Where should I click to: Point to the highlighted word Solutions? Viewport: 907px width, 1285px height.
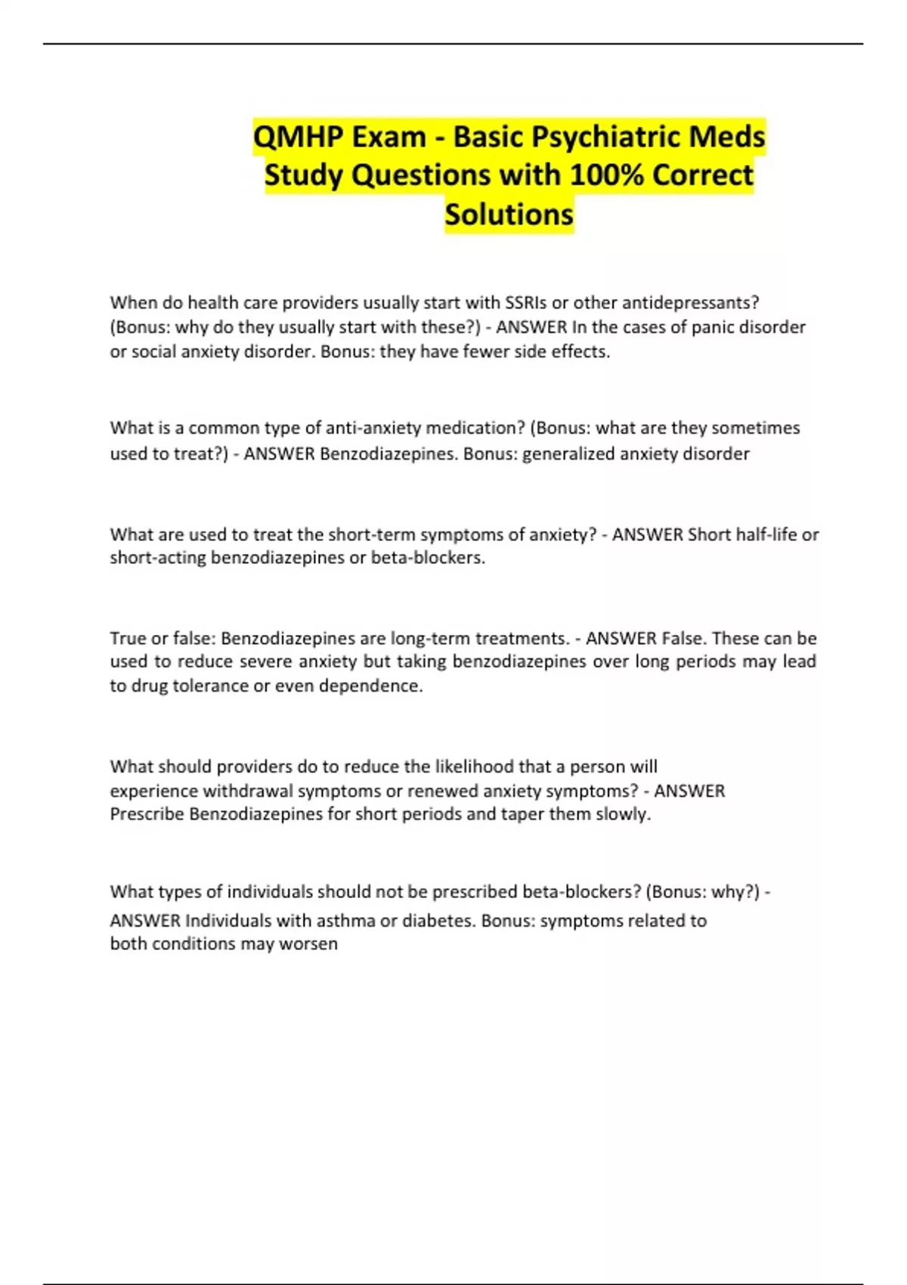[x=509, y=215]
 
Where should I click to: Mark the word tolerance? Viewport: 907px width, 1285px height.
[x=210, y=686]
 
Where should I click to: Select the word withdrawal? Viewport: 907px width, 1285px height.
[x=248, y=791]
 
